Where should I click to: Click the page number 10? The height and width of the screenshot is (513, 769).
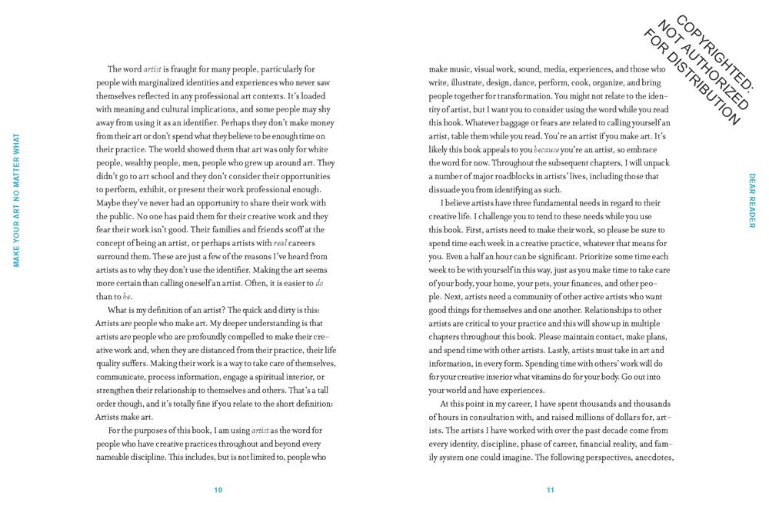click(218, 489)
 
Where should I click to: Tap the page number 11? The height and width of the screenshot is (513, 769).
click(551, 489)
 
